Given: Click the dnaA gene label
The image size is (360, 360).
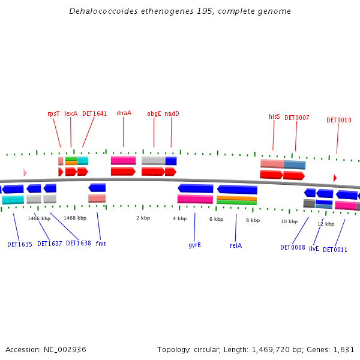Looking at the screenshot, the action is pos(124,113).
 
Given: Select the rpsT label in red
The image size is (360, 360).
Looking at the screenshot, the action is pos(53,113).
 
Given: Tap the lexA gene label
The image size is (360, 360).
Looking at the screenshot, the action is pos(71,113).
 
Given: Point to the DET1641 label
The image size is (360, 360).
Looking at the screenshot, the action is pos(94,113).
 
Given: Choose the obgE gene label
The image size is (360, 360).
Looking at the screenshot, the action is pos(154,113).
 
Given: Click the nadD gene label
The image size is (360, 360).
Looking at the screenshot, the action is pos(172,113).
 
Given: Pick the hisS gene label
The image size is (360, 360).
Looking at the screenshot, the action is pos(274,116).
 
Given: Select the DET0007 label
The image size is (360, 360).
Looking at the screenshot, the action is pos(296,118).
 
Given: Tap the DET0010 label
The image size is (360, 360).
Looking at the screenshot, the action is pos(338,120).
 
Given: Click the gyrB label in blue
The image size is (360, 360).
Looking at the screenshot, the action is pos(194,245).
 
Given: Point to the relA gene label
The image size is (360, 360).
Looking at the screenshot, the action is pos(236,245).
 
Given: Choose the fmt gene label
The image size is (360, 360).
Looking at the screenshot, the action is pos(101,244).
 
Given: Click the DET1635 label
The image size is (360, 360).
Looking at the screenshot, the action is pos(20,245).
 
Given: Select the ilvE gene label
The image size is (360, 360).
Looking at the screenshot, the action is pos(314,248).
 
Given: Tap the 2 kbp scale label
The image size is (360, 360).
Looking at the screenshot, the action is pos(143,218).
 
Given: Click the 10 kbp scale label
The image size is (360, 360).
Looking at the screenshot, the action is pos(289,221).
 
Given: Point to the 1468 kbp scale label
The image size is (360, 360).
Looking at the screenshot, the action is pos(75,218).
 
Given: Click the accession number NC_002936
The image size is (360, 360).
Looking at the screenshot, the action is pos(64,349).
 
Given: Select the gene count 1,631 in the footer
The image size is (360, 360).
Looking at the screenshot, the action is pos(344,349).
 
